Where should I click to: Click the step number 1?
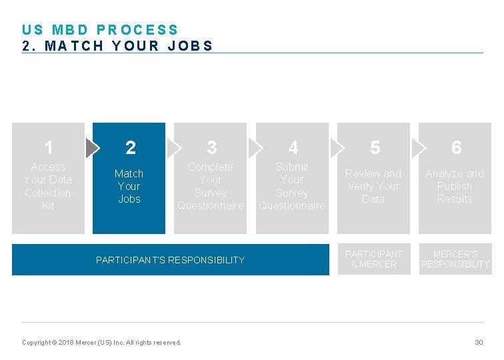[49, 147]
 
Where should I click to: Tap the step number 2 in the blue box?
[130, 147]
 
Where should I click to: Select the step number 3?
[211, 147]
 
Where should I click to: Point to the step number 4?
[293, 147]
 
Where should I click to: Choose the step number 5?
[375, 147]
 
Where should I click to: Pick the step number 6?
[456, 147]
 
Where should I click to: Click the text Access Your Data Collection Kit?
[48, 186]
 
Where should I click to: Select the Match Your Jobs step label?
[129, 186]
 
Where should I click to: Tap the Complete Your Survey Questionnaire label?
[211, 186]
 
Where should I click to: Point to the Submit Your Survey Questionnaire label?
[292, 186]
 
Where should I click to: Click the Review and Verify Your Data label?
[373, 186]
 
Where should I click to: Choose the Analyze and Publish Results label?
[455, 186]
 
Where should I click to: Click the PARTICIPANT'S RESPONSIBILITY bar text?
[170, 260]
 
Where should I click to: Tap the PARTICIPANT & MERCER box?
[373, 259]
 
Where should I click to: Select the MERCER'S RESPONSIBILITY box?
[455, 259]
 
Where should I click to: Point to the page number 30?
[479, 342]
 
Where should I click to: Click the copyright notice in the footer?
[101, 343]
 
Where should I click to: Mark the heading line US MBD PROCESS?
[100, 30]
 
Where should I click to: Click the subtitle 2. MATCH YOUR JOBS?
[117, 46]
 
